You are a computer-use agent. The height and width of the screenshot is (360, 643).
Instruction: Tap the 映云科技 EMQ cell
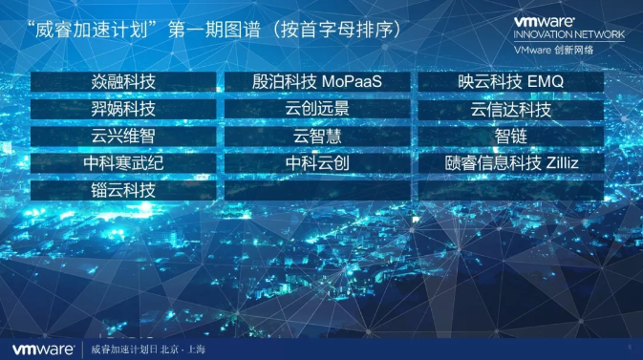(x=511, y=82)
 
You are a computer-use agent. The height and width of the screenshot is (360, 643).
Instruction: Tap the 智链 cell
(x=511, y=137)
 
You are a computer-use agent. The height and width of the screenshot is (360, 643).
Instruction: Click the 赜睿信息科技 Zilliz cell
(x=511, y=163)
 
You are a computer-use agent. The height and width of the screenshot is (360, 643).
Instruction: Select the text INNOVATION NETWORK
(x=569, y=34)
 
